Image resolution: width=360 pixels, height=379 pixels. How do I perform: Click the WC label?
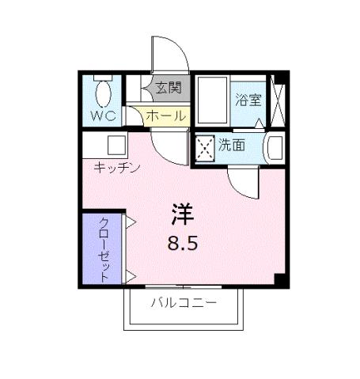pos(103,116)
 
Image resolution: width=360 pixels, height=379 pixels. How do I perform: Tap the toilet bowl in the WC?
pos(102,93)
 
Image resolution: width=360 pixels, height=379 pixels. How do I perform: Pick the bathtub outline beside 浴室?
pos(212,101)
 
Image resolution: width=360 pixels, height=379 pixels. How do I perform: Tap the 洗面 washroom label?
pos(232,145)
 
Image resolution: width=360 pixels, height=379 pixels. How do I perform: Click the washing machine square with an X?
pos(205,147)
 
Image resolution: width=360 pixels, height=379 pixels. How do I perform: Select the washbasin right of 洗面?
pos(274,147)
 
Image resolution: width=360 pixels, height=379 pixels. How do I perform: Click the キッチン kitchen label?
pos(117,167)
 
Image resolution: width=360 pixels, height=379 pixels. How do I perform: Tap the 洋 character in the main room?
pos(183,213)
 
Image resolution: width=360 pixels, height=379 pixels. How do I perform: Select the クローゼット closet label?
pos(104,247)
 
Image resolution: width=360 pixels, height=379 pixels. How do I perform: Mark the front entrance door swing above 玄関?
pos(169,55)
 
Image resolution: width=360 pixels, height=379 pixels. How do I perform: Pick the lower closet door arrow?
pos(130,275)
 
